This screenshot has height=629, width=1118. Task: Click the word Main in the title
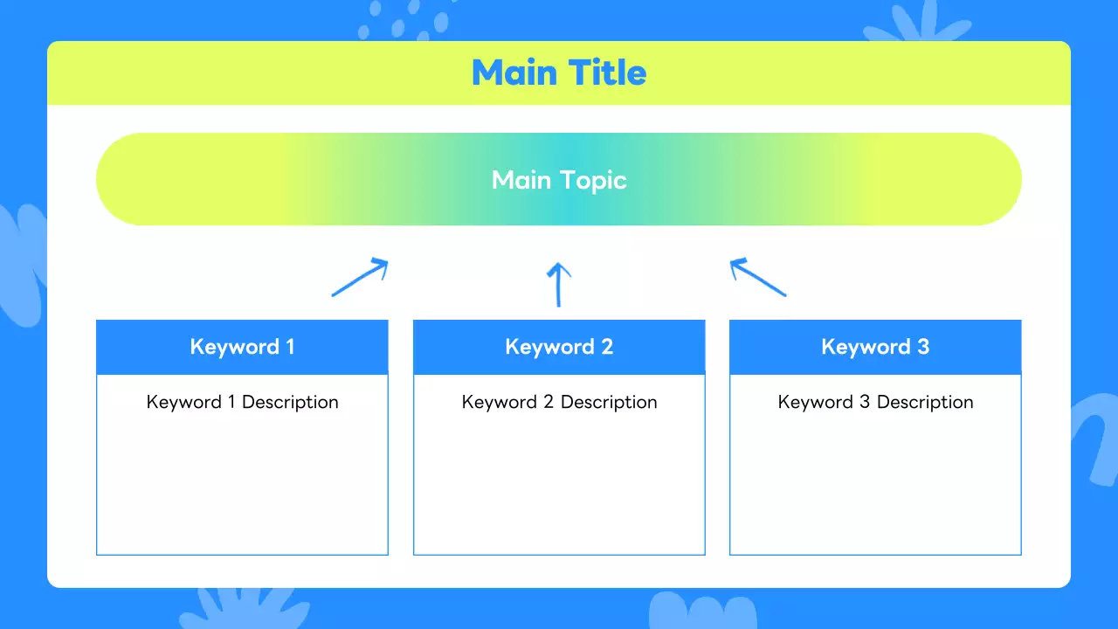coord(514,73)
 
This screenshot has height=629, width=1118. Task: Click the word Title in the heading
coord(607,73)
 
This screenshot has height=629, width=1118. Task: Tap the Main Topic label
coord(559,180)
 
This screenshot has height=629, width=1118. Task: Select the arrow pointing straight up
coord(558,285)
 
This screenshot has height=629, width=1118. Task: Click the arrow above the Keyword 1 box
coord(360,277)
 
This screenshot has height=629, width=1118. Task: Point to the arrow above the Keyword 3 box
coord(758,277)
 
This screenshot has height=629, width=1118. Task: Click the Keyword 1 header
coord(242,347)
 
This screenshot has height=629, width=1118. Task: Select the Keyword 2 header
coord(559,347)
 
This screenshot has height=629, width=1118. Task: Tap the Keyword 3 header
coord(875,347)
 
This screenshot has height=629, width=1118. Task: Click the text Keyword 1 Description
coord(243,403)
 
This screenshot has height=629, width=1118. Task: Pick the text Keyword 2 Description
coord(559,403)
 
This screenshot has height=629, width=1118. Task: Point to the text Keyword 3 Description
coord(875,403)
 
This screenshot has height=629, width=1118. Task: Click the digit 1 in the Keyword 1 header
coord(291,347)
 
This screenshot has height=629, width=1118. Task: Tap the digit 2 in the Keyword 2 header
coord(607,347)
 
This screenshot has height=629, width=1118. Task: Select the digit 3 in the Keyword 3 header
coord(923,347)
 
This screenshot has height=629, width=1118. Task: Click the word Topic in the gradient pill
coord(593,181)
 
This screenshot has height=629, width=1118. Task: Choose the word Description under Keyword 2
coord(609,403)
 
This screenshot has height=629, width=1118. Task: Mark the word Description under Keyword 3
coord(925,403)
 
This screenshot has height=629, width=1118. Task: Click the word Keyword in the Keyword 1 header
coord(235,347)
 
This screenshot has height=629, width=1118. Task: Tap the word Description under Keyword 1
coord(291,403)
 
